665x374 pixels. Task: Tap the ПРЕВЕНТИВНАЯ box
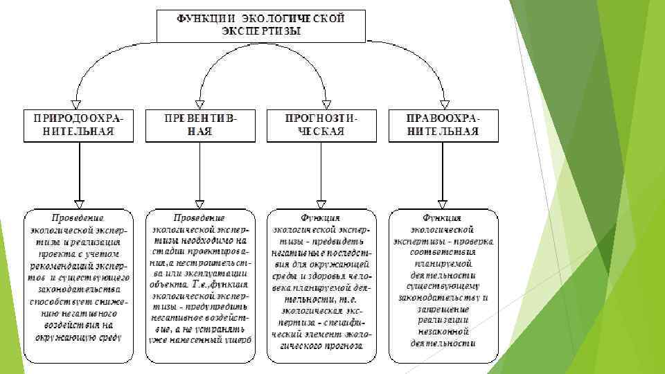[x=200, y=125]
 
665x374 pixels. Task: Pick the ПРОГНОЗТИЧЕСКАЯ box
[x=321, y=125]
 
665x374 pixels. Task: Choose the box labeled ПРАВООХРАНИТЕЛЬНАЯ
[x=443, y=125]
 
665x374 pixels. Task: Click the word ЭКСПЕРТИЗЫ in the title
[x=261, y=31]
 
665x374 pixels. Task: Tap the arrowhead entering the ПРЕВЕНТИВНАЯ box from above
[x=200, y=103]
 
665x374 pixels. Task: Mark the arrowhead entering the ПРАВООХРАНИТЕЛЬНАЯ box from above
[x=443, y=103]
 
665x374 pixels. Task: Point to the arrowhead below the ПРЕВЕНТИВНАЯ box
[x=200, y=202]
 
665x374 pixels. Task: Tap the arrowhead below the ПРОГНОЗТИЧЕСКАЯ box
[x=321, y=202]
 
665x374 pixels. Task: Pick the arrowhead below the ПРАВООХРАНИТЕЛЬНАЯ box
[x=443, y=202]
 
